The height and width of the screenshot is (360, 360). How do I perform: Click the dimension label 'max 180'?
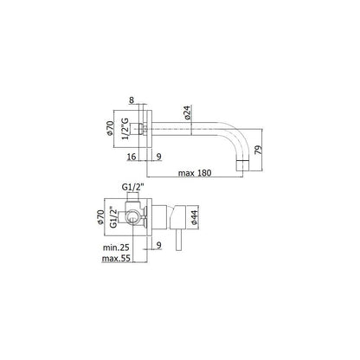[195, 173]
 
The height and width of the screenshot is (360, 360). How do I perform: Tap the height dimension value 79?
[259, 150]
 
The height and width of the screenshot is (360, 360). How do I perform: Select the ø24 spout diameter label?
[187, 112]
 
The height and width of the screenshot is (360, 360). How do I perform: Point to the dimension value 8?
[132, 100]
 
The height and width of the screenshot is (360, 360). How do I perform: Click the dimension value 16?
[132, 157]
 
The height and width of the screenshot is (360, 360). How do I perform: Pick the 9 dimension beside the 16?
[158, 157]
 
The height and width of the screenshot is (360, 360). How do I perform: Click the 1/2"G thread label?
[125, 128]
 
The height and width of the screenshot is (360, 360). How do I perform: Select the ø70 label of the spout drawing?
[110, 128]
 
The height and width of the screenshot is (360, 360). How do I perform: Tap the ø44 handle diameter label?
[194, 218]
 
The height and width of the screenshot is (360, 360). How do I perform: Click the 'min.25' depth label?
[116, 247]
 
